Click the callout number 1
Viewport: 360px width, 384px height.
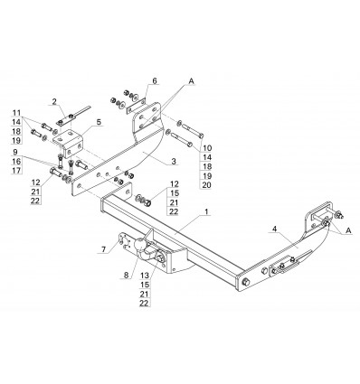click(x=206, y=211)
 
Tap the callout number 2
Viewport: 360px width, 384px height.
click(x=54, y=101)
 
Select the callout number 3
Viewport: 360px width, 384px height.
click(x=174, y=161)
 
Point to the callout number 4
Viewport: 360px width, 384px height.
click(x=274, y=229)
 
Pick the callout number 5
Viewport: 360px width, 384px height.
click(x=99, y=122)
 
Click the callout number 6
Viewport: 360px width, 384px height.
click(x=155, y=80)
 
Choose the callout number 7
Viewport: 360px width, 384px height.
click(x=103, y=249)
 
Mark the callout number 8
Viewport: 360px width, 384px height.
click(x=126, y=275)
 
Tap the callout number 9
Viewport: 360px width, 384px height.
click(x=15, y=152)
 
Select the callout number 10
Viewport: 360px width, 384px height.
click(x=207, y=148)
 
